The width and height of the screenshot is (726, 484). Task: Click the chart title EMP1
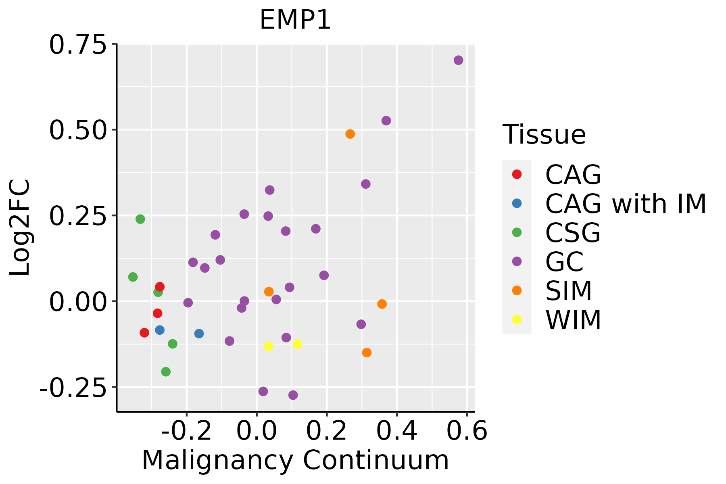[295, 20]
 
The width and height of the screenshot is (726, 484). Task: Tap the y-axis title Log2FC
[20, 228]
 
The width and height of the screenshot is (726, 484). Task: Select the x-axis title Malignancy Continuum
[295, 460]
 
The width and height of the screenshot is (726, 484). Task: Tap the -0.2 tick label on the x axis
[186, 431]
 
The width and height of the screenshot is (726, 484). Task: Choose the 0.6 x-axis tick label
[467, 431]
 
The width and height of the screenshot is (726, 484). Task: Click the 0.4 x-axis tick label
[397, 431]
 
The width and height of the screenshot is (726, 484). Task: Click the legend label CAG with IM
[626, 204]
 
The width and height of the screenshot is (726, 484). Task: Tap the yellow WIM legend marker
[517, 319]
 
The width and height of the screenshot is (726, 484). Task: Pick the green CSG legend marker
[517, 232]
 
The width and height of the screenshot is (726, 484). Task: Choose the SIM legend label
[569, 291]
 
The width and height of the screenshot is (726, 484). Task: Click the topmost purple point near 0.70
[458, 60]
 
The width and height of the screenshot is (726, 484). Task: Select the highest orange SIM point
[350, 134]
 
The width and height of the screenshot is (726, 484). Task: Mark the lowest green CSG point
[166, 372]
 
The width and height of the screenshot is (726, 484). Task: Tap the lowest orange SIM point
[367, 353]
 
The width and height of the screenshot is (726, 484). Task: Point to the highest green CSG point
[140, 219]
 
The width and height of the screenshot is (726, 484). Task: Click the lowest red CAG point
[144, 333]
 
